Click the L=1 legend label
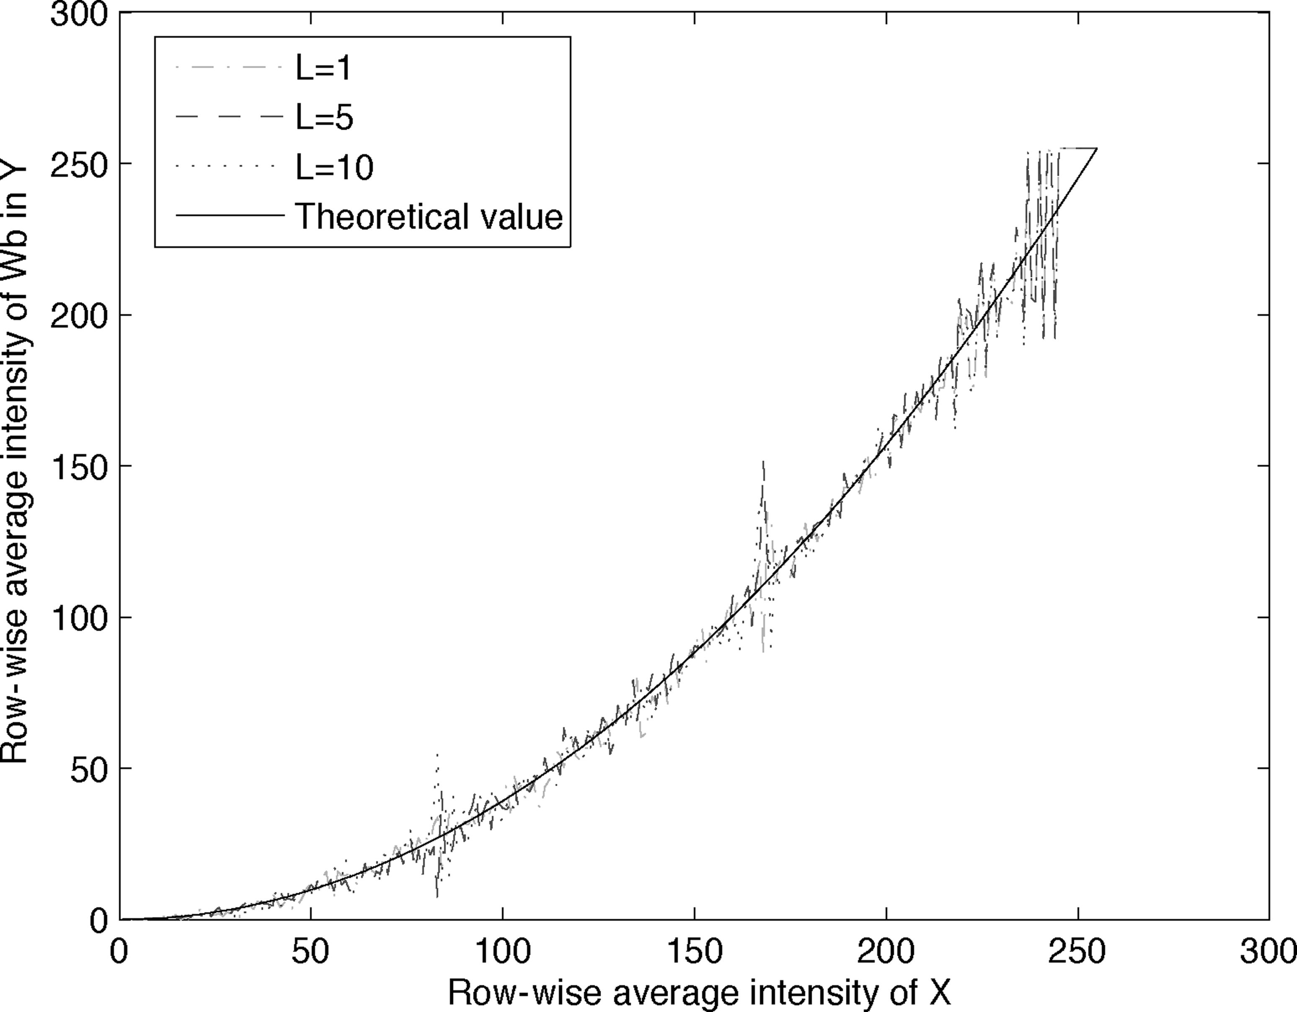pos(324,69)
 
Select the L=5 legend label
pos(324,118)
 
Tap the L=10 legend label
pos(334,168)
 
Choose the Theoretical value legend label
pos(429,216)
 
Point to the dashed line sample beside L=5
pos(229,118)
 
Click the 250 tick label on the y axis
pos(79,165)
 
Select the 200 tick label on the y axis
pos(79,315)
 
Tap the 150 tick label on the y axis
pos(79,467)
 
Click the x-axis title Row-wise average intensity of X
pos(699,992)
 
